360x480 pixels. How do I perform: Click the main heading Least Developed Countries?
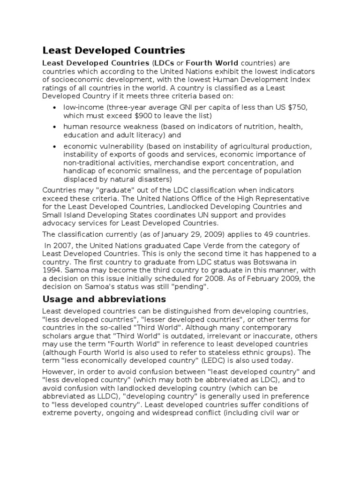113,50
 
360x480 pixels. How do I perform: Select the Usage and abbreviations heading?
104,299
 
